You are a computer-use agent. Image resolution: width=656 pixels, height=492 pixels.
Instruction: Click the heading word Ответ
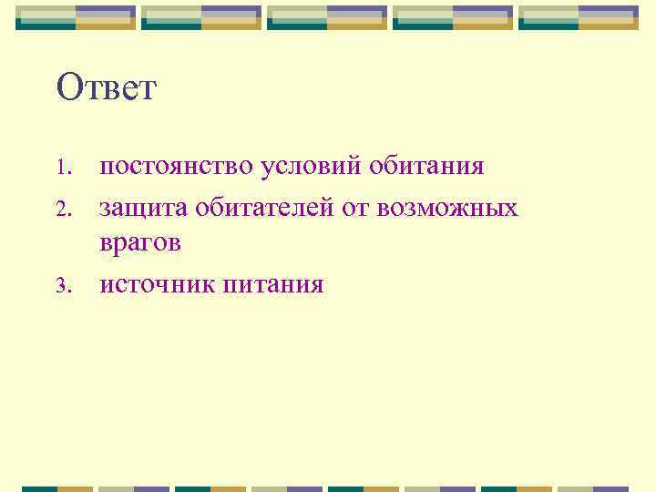coord(107,89)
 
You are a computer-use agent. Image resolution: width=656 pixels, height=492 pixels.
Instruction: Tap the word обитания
coord(428,168)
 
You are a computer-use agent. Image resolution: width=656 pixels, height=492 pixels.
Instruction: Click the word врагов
coord(141,245)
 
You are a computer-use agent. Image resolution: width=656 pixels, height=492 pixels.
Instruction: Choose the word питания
coord(272,285)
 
